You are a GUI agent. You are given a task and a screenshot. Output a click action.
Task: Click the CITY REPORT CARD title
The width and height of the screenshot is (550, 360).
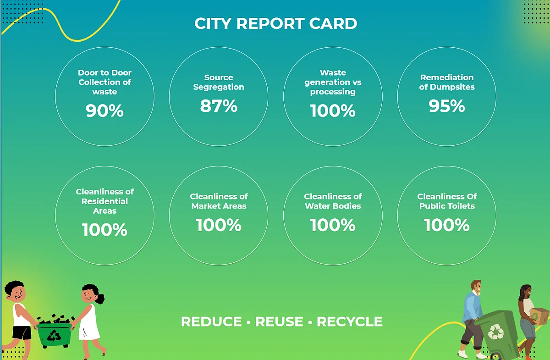point(276,23)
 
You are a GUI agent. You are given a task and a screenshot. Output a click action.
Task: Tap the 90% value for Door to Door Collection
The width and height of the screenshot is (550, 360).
point(104,111)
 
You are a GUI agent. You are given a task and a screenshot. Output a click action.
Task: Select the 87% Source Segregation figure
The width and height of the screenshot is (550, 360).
point(219,106)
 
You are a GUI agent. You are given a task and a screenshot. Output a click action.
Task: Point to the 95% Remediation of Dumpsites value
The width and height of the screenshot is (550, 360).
point(447,106)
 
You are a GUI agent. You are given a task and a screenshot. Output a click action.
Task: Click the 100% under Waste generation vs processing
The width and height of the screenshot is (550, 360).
point(333,111)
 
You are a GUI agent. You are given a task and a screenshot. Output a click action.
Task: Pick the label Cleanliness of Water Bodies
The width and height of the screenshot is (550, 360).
point(333,201)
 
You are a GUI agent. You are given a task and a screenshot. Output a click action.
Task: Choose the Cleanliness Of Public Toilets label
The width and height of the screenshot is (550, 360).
point(447,201)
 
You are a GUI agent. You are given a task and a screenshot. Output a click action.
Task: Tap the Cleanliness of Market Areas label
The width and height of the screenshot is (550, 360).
point(219,201)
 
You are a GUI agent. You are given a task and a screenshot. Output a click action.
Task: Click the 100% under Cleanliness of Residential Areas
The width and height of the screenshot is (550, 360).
point(104,230)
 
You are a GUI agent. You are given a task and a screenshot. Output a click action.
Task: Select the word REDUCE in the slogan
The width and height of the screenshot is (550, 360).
point(211,321)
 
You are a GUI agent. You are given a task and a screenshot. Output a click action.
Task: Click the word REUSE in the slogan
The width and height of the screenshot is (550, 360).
point(279,321)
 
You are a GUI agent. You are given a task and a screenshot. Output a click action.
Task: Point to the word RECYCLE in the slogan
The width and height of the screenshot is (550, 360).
point(350,321)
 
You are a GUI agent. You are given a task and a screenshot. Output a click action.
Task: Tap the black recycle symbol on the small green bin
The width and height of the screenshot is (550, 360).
point(54,335)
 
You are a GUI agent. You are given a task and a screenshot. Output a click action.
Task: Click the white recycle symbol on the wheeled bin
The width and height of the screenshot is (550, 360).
point(496,332)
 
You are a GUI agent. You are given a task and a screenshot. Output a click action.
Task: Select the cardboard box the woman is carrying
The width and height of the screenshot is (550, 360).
point(539,316)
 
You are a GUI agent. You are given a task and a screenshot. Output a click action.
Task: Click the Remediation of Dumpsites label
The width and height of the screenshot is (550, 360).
point(447,82)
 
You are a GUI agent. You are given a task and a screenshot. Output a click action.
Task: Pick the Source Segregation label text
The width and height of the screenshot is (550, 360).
point(219,82)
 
